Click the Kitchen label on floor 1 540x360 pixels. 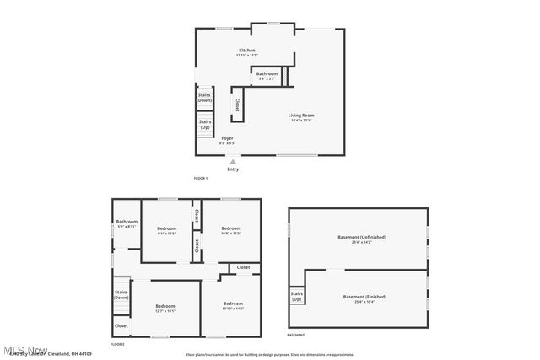coord(246,51)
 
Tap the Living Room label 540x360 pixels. coord(301,116)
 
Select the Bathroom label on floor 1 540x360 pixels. coord(267,74)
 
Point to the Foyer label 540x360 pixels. coord(228,138)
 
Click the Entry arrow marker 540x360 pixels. coord(233,161)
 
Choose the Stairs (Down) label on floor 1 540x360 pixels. coord(204,97)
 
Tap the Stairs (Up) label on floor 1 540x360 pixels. coord(204,123)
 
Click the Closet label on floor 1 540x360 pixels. coord(237,105)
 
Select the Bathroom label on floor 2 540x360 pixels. coord(127,223)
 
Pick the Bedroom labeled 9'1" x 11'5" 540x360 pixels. coord(166,229)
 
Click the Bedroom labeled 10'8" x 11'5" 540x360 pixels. coord(231,229)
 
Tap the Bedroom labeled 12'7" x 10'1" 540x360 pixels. coord(165,307)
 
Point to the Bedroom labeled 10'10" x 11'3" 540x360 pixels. coord(233,304)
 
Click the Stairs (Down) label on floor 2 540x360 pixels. coord(121,294)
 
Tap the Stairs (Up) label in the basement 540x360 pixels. coord(296,297)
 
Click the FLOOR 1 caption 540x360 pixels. coord(200,178)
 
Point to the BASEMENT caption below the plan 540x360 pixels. coord(295,335)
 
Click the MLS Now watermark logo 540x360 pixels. coord(25,349)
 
